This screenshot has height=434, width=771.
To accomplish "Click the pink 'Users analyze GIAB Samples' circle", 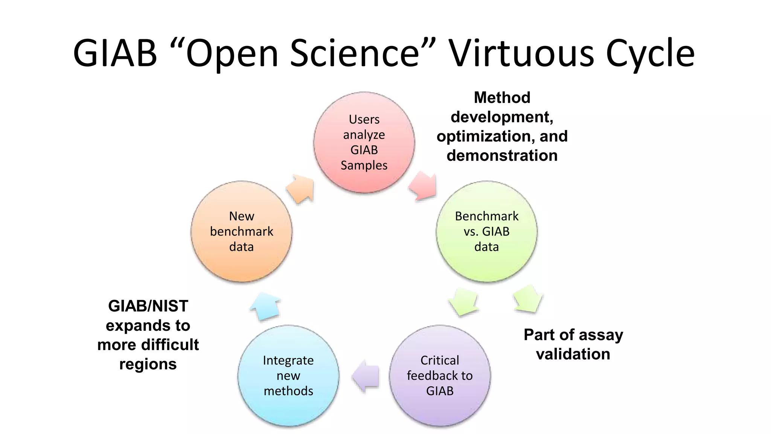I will [x=364, y=142].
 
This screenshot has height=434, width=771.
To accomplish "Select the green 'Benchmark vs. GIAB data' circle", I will [x=486, y=231].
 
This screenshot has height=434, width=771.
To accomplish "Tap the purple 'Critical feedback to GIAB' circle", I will [x=440, y=376].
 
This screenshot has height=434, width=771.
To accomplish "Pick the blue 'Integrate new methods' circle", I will [x=288, y=376].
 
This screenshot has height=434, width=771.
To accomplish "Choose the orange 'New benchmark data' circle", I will [x=241, y=231].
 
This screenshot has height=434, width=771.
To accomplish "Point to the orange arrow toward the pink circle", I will [x=301, y=188].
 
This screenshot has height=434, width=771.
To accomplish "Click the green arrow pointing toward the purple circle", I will [x=463, y=301].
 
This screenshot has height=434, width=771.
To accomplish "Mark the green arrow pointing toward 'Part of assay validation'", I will [x=528, y=299].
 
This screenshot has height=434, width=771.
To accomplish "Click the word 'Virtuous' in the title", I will [x=522, y=53].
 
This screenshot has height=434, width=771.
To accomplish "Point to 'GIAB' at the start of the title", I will [x=115, y=53].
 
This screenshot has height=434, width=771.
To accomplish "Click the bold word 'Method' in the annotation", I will [x=502, y=98].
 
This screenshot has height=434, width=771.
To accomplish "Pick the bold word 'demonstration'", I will [x=502, y=156].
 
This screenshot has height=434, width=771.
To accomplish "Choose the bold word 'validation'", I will [x=573, y=354].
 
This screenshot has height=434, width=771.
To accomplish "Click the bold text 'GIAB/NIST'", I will [x=148, y=306].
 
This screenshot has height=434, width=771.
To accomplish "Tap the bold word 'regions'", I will [x=148, y=364].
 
